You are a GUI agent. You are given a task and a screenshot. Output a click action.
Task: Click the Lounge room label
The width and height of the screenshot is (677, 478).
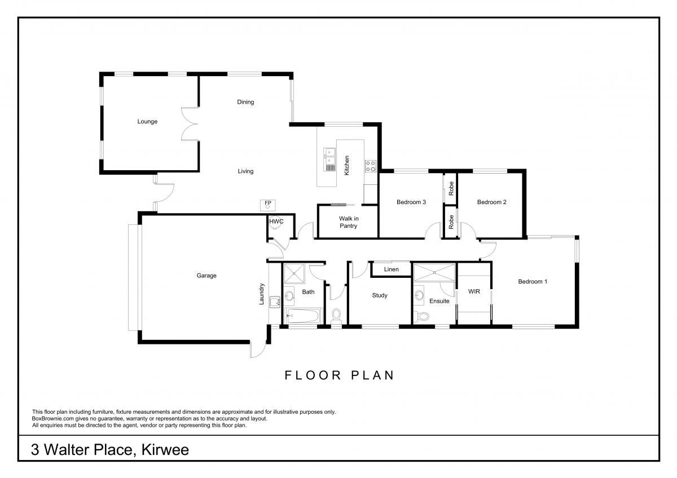tap(147, 121)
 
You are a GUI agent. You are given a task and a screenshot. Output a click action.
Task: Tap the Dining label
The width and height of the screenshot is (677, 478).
tap(245, 102)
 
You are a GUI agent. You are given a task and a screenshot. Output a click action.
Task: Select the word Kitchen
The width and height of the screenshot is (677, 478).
tap(346, 165)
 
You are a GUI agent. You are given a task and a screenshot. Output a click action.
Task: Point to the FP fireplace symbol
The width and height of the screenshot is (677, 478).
tap(268, 205)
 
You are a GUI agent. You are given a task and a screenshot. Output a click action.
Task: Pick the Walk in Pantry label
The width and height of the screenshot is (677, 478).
tap(349, 222)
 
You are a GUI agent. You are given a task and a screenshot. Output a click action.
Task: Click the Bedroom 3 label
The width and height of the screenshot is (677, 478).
tap(411, 202)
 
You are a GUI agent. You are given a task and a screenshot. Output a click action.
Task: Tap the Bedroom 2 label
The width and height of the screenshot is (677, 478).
tap(491, 202)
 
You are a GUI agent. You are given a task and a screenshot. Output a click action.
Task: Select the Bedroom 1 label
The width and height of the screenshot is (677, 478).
tap(533, 281)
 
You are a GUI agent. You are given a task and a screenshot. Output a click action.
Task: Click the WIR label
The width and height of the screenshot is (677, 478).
tap(474, 291)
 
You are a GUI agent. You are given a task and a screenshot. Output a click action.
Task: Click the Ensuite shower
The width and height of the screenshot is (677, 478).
tap(434, 272)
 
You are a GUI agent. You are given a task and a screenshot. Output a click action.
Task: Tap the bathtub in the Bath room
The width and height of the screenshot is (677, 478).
tap(303, 316)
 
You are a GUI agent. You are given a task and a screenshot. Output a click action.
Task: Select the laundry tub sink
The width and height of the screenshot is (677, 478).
tap(275, 302)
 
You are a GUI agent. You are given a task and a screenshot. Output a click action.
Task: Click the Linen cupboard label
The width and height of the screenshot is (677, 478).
tap(391, 269)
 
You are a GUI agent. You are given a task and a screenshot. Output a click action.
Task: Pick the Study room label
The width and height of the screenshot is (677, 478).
tap(380, 295)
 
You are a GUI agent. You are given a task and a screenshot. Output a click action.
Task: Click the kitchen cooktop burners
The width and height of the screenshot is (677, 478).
tap(371, 166)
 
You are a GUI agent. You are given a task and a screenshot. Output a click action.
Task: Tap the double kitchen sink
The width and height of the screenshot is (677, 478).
tap(329, 160)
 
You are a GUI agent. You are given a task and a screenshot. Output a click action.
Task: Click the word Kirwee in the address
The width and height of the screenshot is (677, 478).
tap(165, 450)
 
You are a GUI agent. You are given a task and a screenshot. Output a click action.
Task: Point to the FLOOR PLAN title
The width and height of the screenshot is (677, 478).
tap(339, 375)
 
